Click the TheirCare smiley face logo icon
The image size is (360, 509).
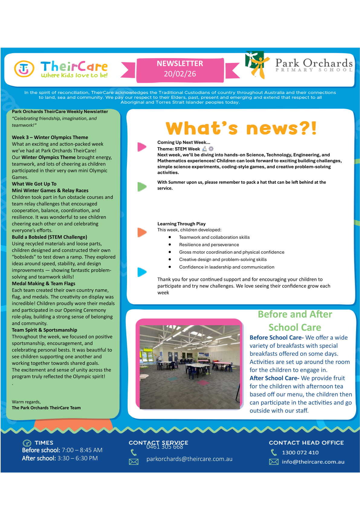click(24, 69)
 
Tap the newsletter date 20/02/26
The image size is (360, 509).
click(180, 74)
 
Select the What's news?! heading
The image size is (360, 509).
click(241, 128)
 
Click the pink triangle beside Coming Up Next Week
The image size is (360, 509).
click(142, 147)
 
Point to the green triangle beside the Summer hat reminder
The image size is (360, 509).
click(142, 186)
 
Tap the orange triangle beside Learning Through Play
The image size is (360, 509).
click(142, 232)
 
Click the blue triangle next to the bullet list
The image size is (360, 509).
click(142, 272)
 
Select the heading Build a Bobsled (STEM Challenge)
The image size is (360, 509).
click(50, 237)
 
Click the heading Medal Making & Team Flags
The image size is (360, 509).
click(44, 284)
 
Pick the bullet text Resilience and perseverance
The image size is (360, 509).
click(209, 245)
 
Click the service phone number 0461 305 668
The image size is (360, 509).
click(165, 447)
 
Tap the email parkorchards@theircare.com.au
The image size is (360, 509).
click(190, 459)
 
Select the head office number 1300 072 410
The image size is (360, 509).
click(300, 452)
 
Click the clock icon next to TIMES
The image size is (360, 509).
click(27, 443)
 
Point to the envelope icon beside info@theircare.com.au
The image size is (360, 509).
click(274, 462)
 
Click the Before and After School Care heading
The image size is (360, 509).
click(295, 321)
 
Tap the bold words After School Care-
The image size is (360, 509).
click(274, 378)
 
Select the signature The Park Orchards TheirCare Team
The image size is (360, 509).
click(46, 408)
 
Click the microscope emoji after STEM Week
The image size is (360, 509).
click(205, 149)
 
